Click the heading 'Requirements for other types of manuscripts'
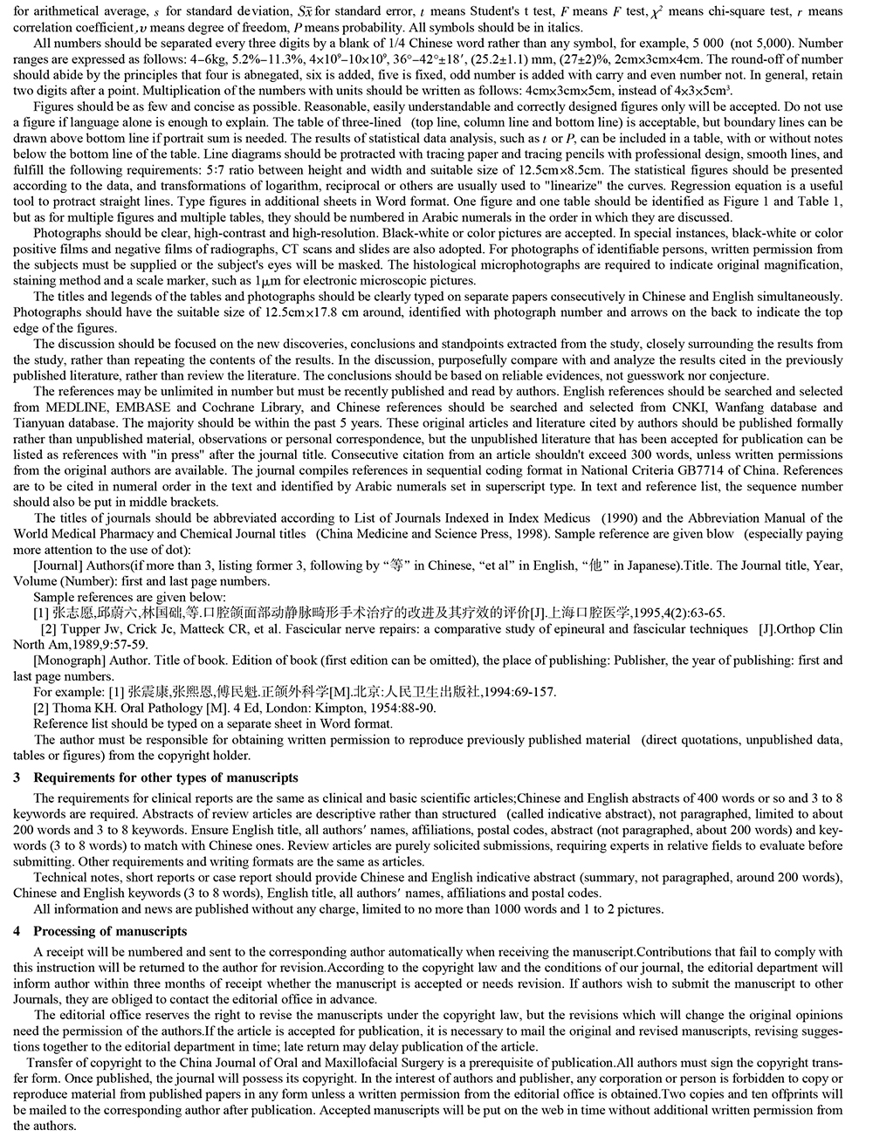(x=165, y=777)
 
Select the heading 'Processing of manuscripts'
(x=110, y=931)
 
